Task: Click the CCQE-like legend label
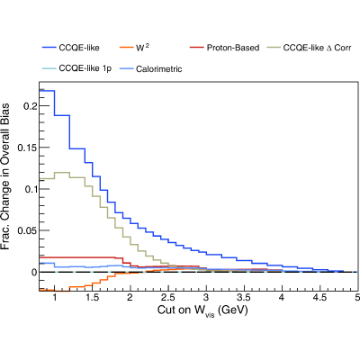pyautogui.click(x=79, y=48)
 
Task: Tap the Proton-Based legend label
pyautogui.click(x=233, y=48)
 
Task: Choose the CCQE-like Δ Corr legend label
pyautogui.click(x=317, y=48)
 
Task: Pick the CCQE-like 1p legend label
pyautogui.click(x=85, y=68)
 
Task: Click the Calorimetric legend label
pyautogui.click(x=158, y=69)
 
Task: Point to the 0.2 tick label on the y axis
pyautogui.click(x=31, y=106)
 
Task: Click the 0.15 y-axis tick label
pyautogui.click(x=28, y=148)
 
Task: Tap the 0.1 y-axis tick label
pyautogui.click(x=31, y=189)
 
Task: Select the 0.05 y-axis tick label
pyautogui.click(x=28, y=230)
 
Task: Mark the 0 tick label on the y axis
pyautogui.click(x=34, y=273)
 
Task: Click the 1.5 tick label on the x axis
pyautogui.click(x=92, y=298)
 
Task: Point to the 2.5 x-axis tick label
pyautogui.click(x=168, y=298)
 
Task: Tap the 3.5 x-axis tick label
pyautogui.click(x=244, y=298)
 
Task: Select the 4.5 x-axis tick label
pyautogui.click(x=319, y=298)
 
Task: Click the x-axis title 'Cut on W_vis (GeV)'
pyautogui.click(x=202, y=310)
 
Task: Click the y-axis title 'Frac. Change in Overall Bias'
pyautogui.click(x=5, y=176)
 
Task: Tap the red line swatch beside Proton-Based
pyautogui.click(x=197, y=48)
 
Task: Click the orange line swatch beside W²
pyautogui.click(x=126, y=48)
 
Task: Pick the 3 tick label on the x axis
pyautogui.click(x=206, y=298)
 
